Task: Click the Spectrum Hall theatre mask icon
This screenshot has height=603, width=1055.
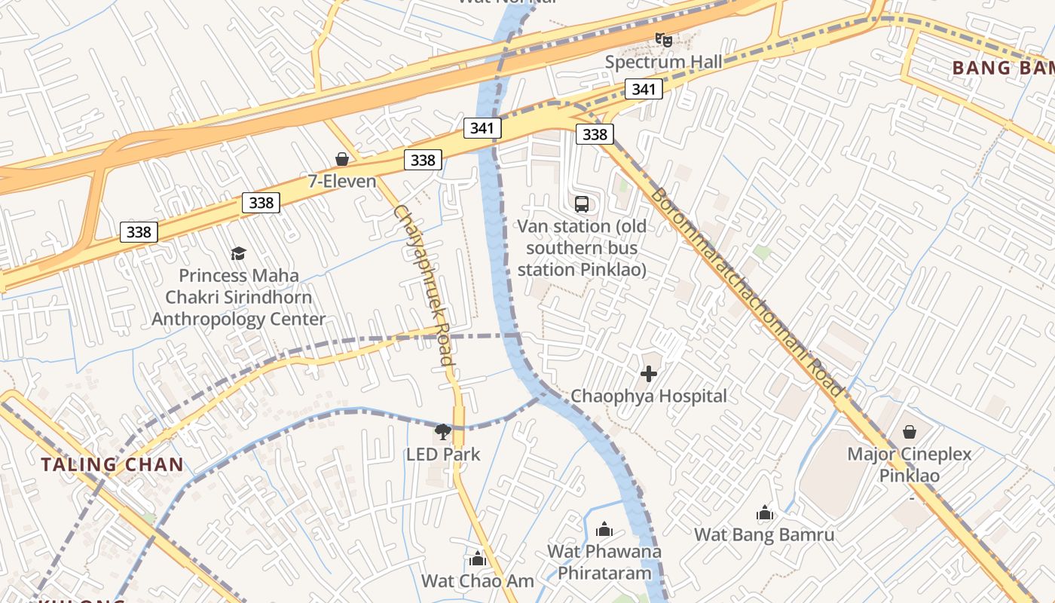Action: (x=663, y=39)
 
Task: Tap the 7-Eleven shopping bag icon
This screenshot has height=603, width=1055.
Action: (x=342, y=159)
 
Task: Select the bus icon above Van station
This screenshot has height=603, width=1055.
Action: (x=582, y=204)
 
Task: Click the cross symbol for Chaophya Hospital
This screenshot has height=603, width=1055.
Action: (x=649, y=373)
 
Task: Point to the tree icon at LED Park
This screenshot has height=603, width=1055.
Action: (x=443, y=432)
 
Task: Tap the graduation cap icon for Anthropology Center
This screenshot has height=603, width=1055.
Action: (x=238, y=253)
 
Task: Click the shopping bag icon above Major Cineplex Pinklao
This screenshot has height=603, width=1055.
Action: (x=910, y=432)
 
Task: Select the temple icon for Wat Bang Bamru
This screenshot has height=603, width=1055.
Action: (x=765, y=514)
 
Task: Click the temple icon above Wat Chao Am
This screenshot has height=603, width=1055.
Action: (x=477, y=559)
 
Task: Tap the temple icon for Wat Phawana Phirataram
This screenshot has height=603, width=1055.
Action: (x=604, y=529)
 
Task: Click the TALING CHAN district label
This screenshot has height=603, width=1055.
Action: (x=112, y=464)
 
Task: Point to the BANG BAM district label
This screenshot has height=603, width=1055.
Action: (x=1002, y=68)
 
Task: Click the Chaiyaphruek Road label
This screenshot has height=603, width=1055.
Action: (x=424, y=285)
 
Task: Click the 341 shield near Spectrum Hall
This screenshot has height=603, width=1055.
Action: (x=644, y=90)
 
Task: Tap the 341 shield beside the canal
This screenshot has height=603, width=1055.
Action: (x=482, y=127)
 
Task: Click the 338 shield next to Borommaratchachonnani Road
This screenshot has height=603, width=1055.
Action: (x=595, y=134)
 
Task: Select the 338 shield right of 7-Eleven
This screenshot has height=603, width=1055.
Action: (x=423, y=160)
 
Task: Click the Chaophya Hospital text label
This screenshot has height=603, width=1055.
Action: (x=649, y=396)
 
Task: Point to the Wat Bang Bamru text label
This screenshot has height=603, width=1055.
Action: (x=764, y=535)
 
